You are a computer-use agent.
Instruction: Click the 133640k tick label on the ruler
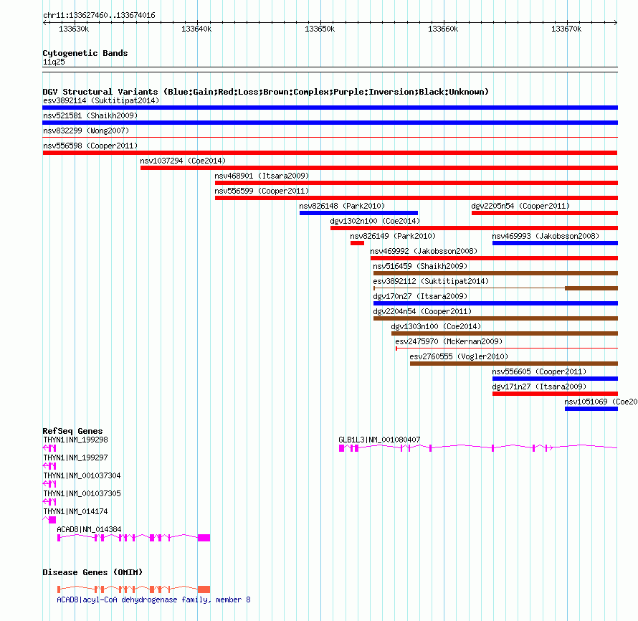(x=196, y=29)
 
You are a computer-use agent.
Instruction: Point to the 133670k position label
(x=566, y=29)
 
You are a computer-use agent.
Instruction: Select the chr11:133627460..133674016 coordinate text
(x=99, y=16)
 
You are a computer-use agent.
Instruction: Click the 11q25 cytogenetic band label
(x=54, y=62)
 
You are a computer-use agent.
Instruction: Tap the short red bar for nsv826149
(x=357, y=243)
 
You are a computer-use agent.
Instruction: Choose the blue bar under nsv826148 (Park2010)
(x=358, y=213)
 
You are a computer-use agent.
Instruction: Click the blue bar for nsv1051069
(x=591, y=409)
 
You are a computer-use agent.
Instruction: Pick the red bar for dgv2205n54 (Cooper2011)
(x=545, y=213)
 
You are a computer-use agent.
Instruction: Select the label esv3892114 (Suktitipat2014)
(x=101, y=100)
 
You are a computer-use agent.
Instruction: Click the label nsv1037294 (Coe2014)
(x=183, y=161)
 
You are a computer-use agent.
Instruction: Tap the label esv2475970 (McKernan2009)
(x=449, y=341)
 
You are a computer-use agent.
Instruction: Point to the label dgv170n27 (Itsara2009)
(x=420, y=296)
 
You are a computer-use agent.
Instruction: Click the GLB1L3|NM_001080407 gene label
(x=379, y=440)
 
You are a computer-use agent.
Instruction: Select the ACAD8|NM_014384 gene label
(x=89, y=529)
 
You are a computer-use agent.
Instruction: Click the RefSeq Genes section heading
(x=72, y=431)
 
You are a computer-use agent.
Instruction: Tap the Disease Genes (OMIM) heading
(x=92, y=572)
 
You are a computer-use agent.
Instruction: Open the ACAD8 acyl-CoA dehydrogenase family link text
(x=153, y=599)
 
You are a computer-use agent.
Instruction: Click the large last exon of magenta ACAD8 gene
(x=204, y=538)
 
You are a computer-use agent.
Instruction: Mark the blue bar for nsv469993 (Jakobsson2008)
(x=555, y=243)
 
